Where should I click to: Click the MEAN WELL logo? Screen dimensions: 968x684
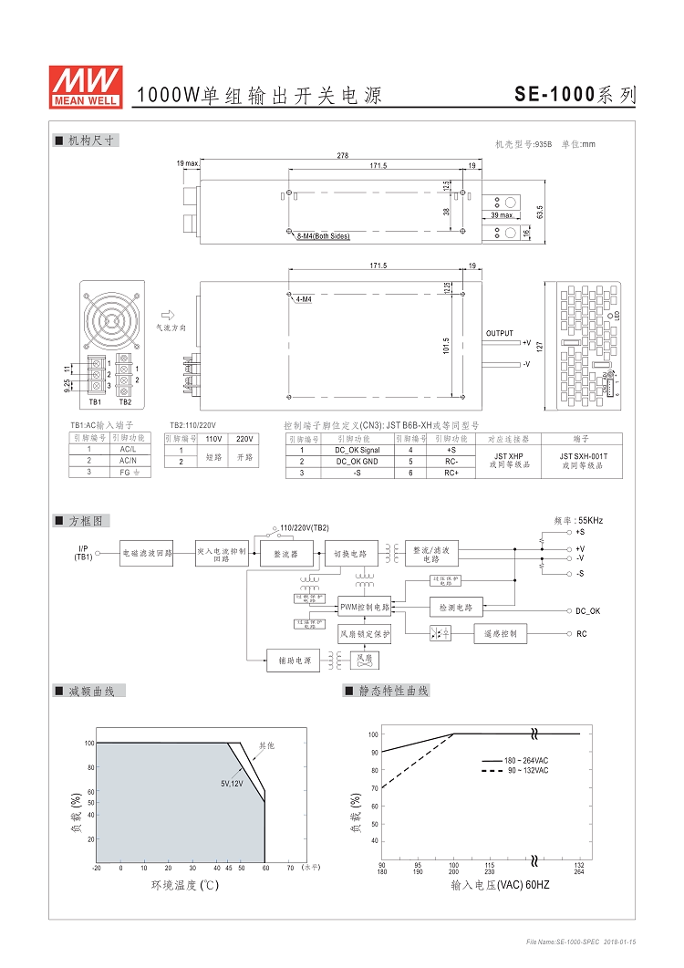point(85,87)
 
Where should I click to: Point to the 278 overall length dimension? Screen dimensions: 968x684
point(342,156)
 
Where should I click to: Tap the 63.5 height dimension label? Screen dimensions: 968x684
point(540,212)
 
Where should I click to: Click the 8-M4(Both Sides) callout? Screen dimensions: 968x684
point(323,236)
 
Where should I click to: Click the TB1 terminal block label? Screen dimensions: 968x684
point(95,401)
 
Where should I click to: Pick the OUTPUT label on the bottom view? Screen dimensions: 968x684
point(500,334)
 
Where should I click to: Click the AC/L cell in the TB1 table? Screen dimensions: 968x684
point(129,449)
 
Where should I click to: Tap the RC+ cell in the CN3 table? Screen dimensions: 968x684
point(451,473)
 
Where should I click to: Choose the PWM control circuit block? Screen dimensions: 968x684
point(364,607)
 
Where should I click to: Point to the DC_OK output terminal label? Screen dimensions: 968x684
point(588,610)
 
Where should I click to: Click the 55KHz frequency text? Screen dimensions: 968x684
point(578,521)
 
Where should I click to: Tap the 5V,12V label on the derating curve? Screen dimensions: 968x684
point(232,784)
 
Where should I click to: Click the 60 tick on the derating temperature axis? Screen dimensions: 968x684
point(265,868)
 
